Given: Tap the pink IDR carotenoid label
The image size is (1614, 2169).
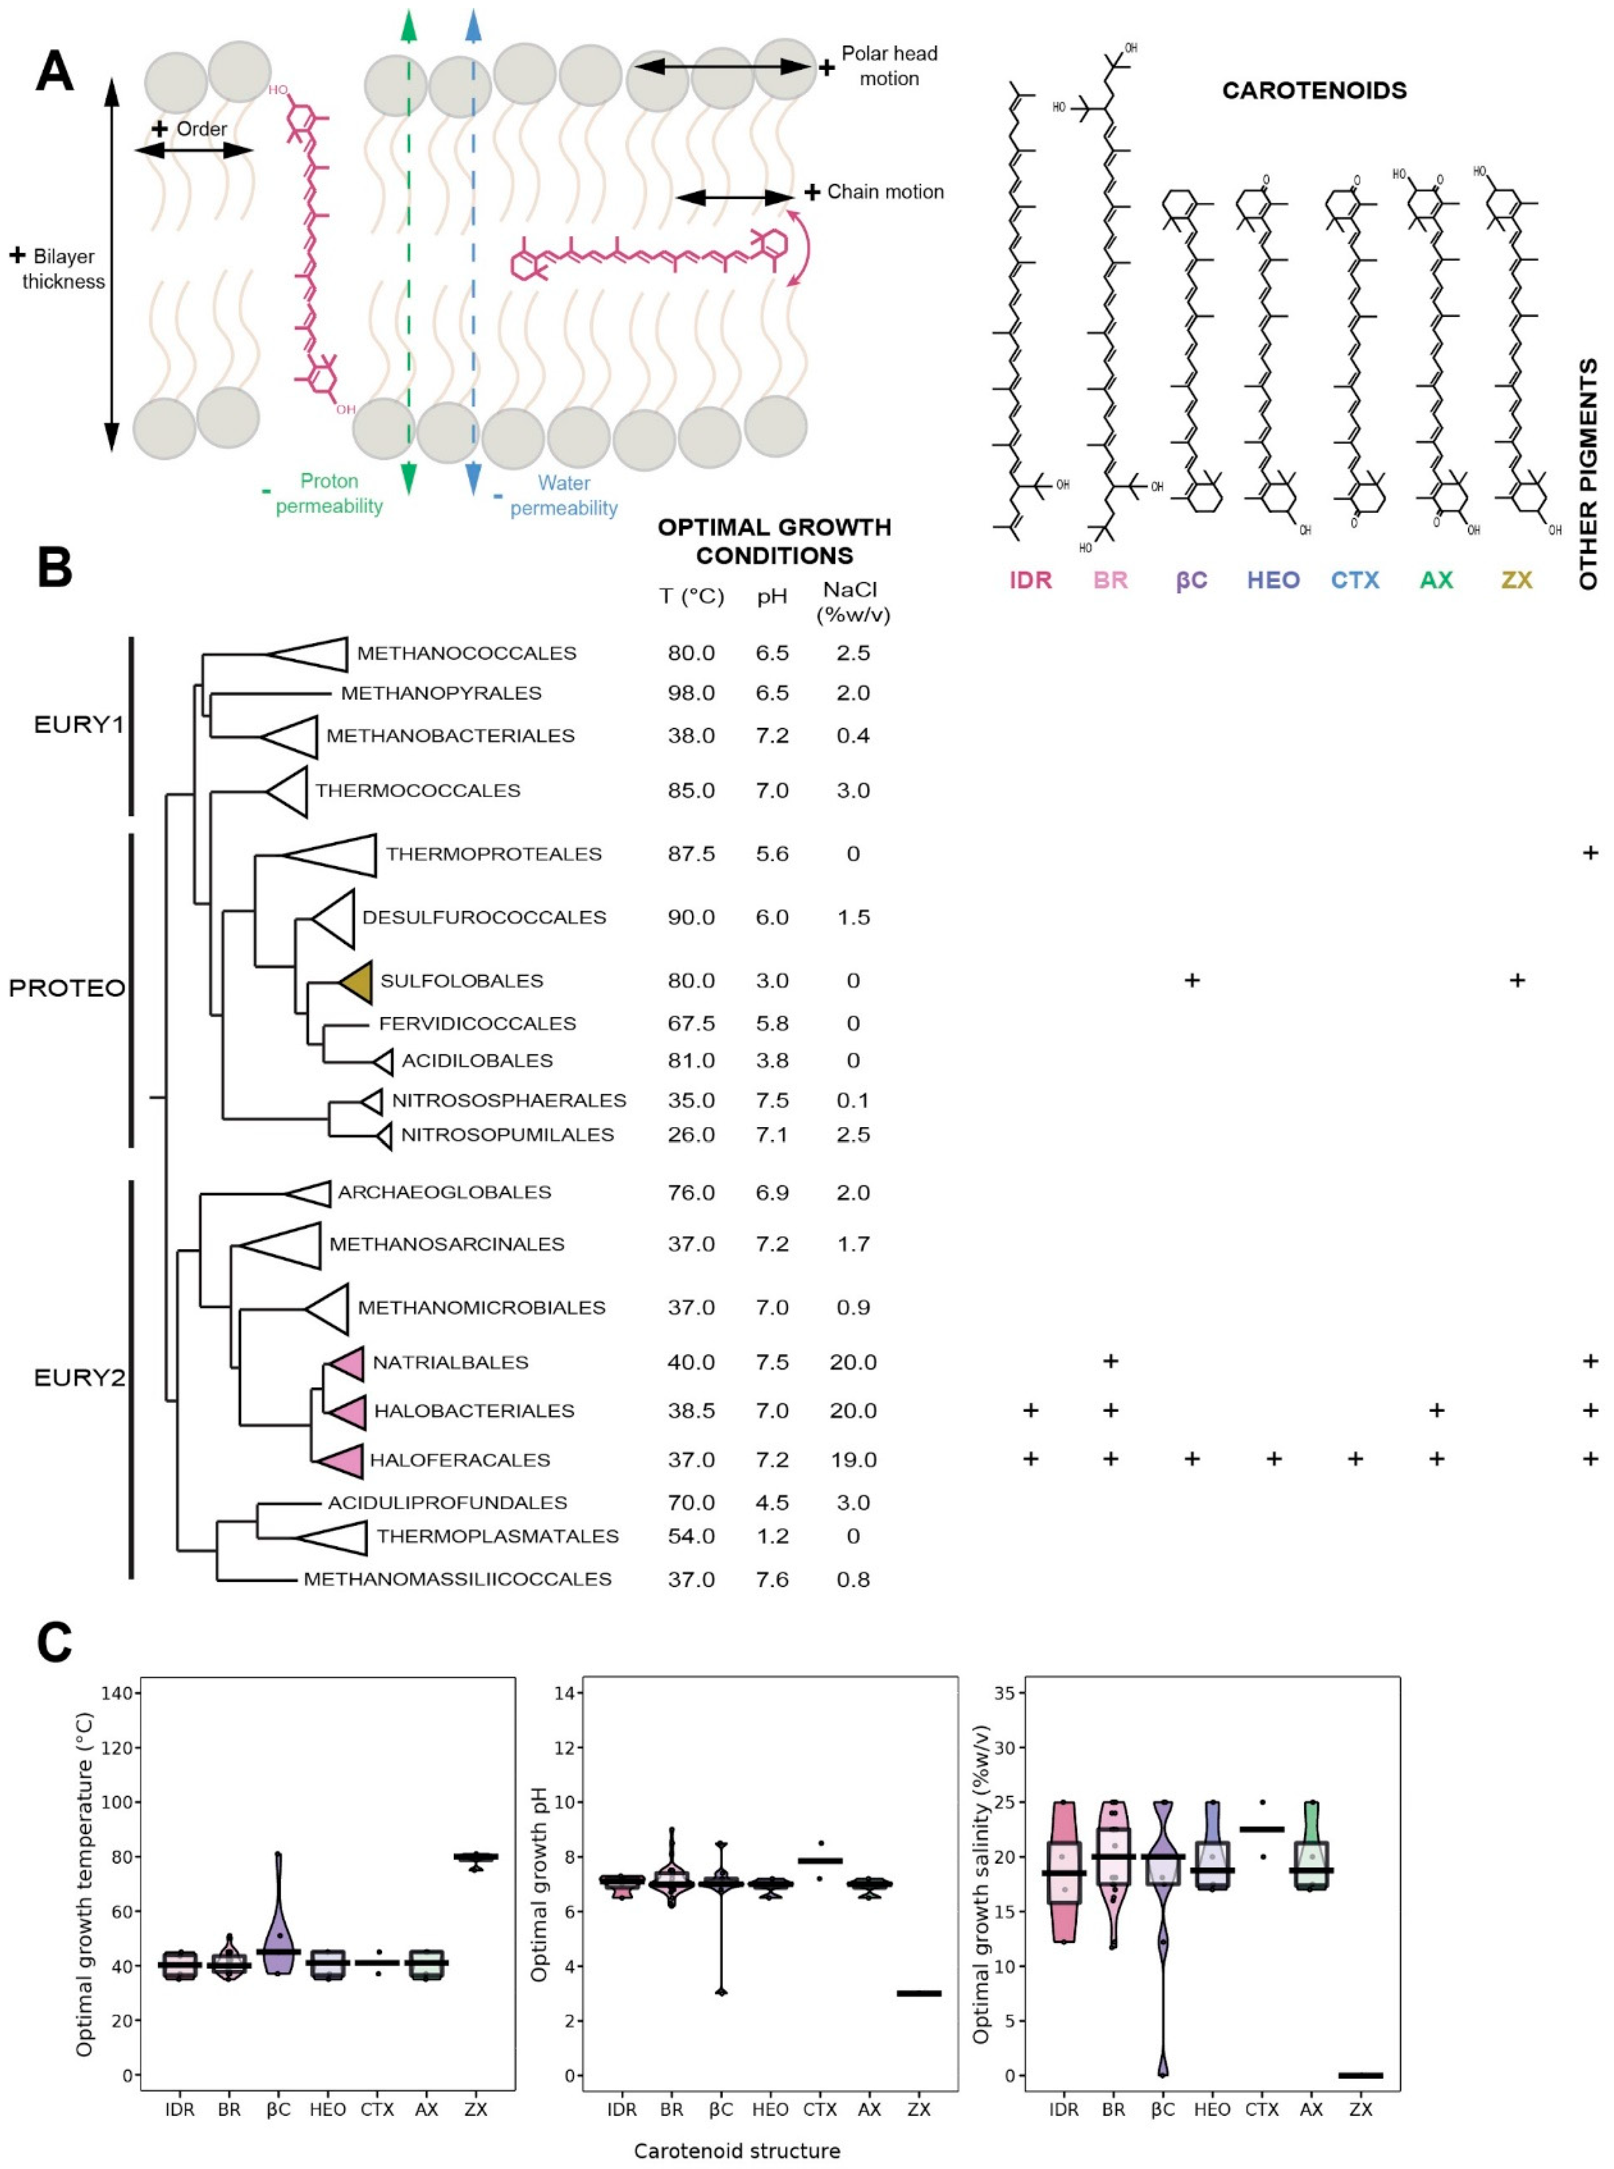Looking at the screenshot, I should [x=1031, y=580].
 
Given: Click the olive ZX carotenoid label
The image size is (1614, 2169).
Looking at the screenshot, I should [x=1516, y=580].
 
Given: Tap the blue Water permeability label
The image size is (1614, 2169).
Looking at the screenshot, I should [x=564, y=495].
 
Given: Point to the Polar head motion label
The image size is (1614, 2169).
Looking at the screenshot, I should [x=889, y=66].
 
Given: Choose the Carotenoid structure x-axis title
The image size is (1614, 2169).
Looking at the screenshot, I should [x=736, y=2150].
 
